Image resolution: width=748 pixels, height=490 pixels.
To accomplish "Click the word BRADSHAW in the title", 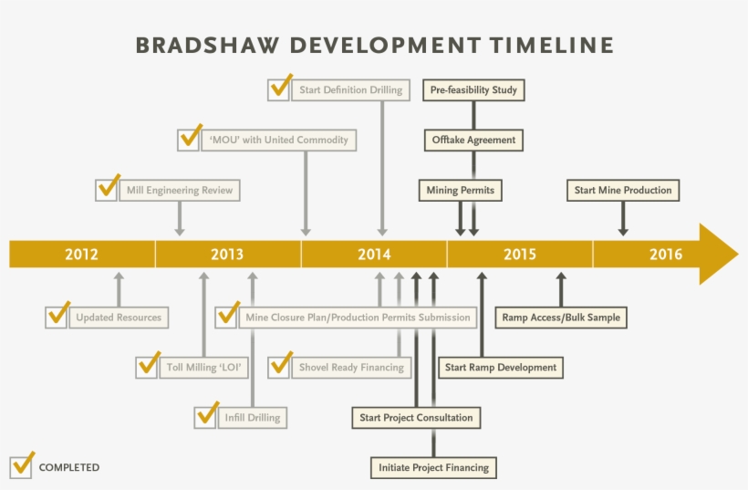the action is (x=207, y=46).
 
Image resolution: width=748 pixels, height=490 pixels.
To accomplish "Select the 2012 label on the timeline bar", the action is (x=81, y=254).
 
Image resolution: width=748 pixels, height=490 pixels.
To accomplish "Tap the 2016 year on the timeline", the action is (x=666, y=254).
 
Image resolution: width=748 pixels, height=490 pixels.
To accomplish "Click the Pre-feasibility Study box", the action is (x=473, y=90).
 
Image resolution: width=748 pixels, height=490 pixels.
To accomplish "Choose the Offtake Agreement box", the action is (x=473, y=141).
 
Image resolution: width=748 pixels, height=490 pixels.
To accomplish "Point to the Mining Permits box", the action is (x=461, y=191).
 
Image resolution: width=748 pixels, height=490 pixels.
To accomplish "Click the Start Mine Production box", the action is (x=623, y=191).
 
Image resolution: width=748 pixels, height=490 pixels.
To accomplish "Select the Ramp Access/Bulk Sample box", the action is (x=561, y=318).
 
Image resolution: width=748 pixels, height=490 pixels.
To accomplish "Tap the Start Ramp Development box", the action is (x=501, y=368).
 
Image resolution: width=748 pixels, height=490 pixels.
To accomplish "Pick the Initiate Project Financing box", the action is (x=433, y=467).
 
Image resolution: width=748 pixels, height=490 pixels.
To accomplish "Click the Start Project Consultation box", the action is (x=417, y=418).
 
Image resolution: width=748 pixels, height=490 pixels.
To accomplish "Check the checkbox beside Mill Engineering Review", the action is (x=107, y=189).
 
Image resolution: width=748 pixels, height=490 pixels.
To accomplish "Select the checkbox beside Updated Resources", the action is (x=57, y=316).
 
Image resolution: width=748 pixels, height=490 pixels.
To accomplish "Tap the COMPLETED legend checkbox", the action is (x=21, y=465).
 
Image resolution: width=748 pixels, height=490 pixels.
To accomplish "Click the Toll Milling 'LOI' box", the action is (x=204, y=368).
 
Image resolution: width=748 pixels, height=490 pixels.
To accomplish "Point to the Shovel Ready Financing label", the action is (x=351, y=368).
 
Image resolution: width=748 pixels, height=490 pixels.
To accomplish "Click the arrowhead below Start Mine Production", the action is (x=623, y=232).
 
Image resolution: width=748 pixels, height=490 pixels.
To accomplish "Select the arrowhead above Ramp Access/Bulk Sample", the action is (x=561, y=276).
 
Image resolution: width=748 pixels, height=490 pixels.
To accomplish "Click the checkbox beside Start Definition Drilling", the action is (x=279, y=89).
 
